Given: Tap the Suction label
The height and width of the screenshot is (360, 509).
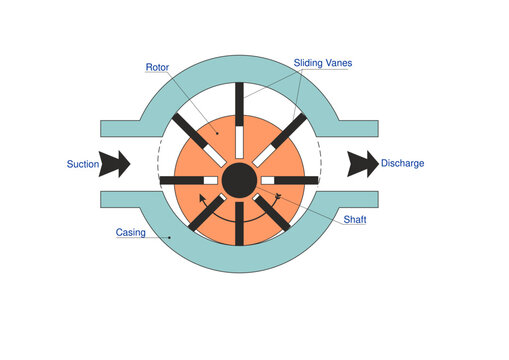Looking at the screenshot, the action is pyautogui.click(x=83, y=163).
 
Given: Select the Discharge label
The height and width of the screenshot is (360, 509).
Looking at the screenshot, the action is pyautogui.click(x=403, y=163).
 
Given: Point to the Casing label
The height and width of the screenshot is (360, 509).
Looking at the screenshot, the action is pyautogui.click(x=131, y=232).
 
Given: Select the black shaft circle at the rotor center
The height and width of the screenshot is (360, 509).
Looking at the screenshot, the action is pyautogui.click(x=238, y=180).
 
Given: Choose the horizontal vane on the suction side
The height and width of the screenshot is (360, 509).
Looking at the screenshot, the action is pyautogui.click(x=180, y=180).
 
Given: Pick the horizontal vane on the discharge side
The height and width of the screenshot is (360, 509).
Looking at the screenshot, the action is pyautogui.click(x=296, y=180).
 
